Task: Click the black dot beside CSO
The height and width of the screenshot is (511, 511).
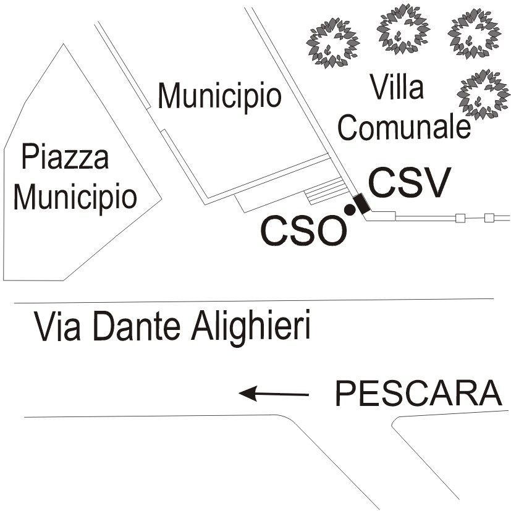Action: (x=350, y=210)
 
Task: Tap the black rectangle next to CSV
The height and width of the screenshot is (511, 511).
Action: (x=361, y=204)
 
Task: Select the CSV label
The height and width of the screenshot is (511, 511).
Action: (x=410, y=183)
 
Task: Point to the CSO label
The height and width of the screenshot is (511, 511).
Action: (x=303, y=230)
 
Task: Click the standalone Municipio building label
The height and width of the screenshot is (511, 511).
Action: (x=219, y=97)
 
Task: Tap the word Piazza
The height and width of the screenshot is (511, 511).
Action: (x=65, y=157)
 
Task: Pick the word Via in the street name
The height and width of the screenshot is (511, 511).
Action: (x=57, y=326)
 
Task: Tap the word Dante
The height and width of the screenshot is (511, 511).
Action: (x=137, y=326)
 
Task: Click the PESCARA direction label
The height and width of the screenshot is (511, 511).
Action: (x=418, y=394)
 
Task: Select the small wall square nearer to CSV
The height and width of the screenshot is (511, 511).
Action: (x=460, y=218)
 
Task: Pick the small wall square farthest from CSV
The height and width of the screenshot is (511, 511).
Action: (x=489, y=217)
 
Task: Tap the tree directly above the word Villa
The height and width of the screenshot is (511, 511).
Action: (x=402, y=28)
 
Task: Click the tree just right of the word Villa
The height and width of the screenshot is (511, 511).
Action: (x=484, y=94)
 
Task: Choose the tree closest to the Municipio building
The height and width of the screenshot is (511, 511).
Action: (x=332, y=43)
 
